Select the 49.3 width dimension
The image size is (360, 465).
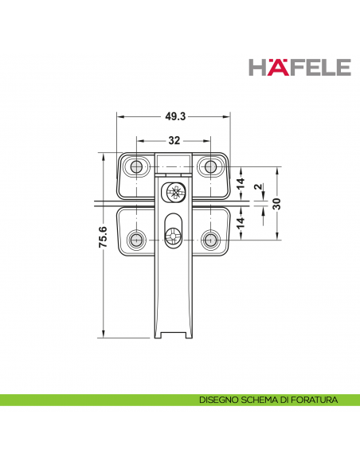coord(175,116)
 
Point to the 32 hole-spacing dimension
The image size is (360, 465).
coord(173,141)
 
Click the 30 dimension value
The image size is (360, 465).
coord(276,203)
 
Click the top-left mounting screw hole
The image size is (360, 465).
coord(137,166)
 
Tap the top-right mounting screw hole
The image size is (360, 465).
coord(211,166)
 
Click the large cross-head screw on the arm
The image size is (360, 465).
coord(174,192)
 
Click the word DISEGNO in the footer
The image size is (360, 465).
coord(220,399)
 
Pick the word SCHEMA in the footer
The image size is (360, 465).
coord(260,399)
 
